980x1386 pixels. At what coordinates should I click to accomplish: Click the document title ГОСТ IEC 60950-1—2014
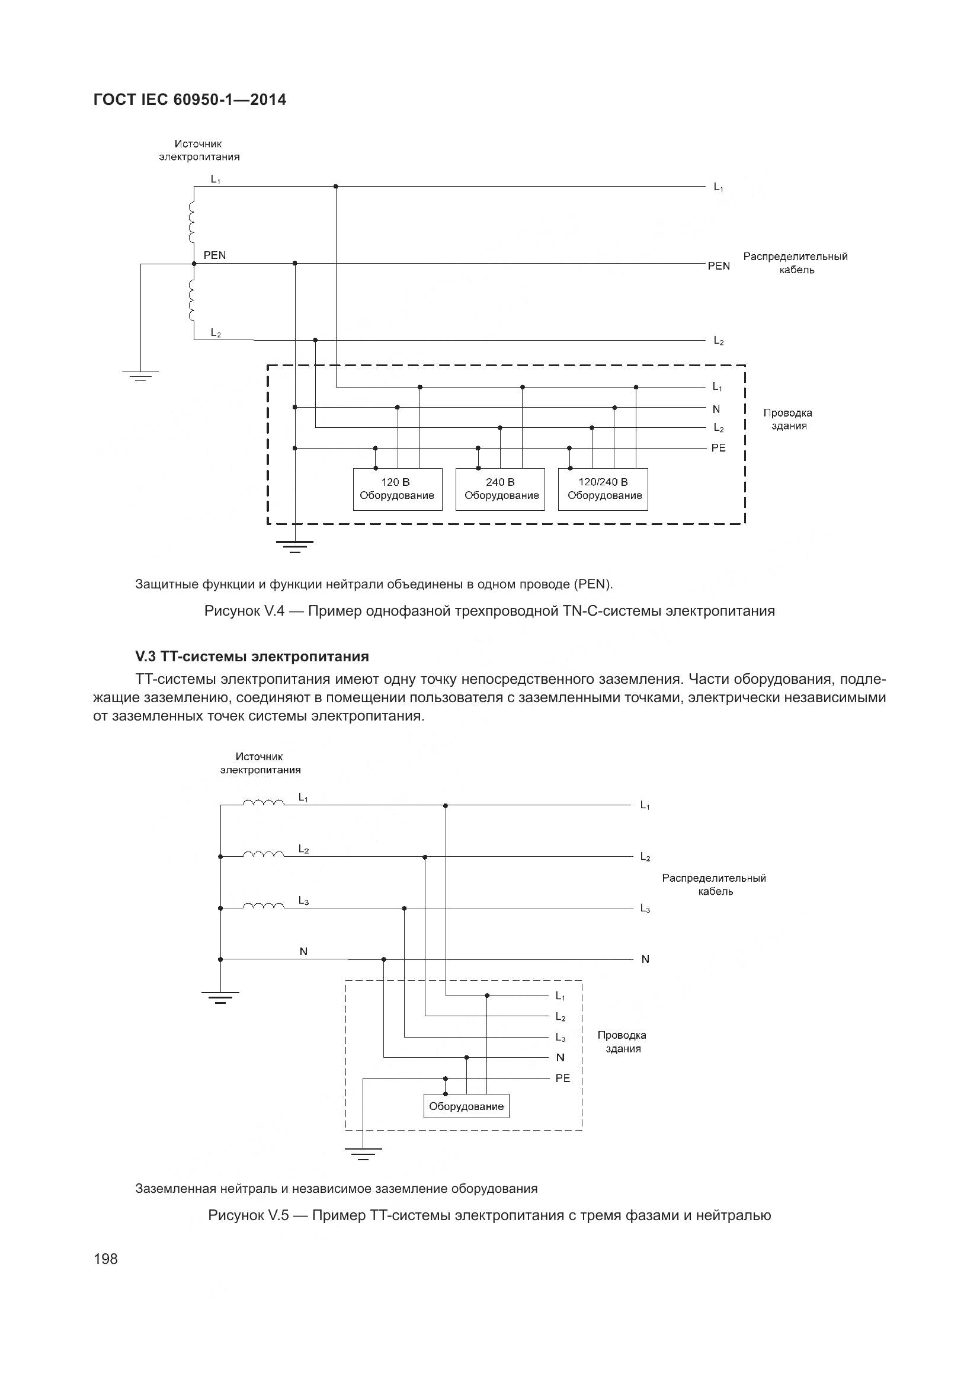coord(190,100)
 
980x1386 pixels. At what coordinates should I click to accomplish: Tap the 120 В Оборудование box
coord(397,489)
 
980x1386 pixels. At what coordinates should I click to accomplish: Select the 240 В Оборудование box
coord(500,489)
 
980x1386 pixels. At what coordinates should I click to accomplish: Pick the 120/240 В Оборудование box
coord(603,489)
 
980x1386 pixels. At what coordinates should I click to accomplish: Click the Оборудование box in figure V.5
coord(466,1106)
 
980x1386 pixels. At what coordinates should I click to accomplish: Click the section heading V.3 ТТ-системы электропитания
coord(252,655)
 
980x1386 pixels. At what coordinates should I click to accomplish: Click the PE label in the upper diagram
coord(718,448)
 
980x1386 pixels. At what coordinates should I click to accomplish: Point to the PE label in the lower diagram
coord(562,1078)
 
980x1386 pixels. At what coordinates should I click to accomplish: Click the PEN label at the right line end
coord(718,265)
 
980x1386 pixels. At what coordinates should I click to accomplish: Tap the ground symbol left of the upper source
coord(140,376)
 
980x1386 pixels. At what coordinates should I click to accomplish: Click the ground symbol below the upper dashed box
coord(294,547)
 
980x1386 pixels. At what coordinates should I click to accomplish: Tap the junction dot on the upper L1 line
coord(336,187)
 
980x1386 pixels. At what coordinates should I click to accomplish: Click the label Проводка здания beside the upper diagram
coord(787,419)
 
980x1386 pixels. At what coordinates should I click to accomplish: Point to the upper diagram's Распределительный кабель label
coord(795,263)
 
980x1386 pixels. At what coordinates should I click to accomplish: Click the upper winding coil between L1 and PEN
coord(192,220)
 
